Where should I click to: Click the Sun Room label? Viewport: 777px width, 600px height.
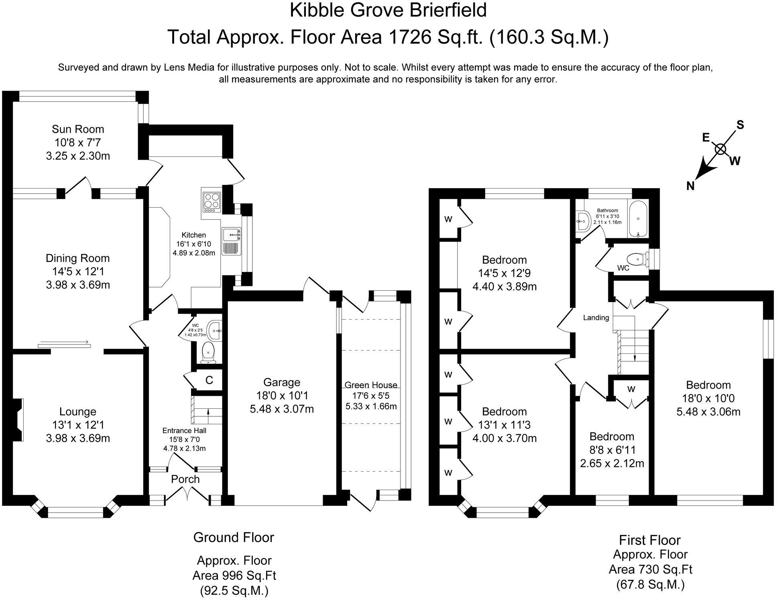[78, 129]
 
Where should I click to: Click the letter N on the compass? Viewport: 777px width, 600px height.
[690, 186]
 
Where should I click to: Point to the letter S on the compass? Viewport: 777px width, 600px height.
[740, 125]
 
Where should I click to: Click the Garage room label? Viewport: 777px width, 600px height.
[281, 382]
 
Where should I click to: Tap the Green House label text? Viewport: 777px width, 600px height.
[371, 385]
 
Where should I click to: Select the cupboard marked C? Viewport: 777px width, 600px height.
[209, 380]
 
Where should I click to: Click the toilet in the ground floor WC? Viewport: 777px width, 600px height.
[208, 351]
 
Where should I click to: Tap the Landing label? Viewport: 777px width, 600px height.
[596, 318]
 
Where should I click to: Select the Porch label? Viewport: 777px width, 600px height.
[185, 479]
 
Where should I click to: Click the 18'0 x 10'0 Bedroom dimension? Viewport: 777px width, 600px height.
[708, 398]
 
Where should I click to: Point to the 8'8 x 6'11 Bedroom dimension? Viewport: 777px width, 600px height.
[612, 450]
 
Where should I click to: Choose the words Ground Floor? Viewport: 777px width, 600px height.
[234, 537]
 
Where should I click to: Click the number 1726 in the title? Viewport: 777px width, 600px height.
[409, 37]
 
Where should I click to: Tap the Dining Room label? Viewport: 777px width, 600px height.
[78, 258]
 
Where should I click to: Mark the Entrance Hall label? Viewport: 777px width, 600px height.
[184, 431]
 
